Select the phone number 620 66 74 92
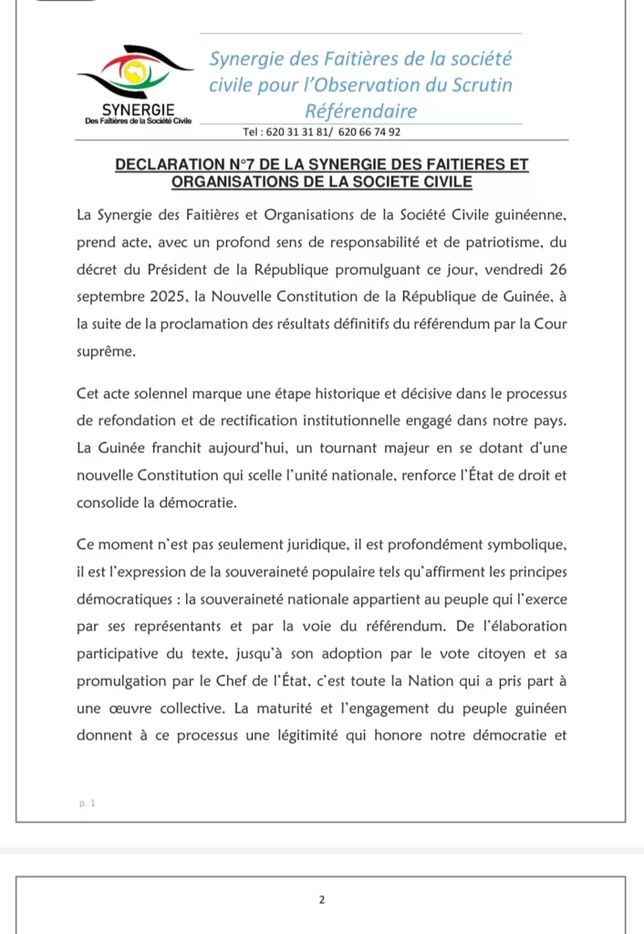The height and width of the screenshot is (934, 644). tap(369, 132)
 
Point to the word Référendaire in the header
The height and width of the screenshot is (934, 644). tap(361, 111)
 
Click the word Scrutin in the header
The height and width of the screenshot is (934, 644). tap(478, 85)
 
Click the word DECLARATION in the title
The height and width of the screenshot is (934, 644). tap(169, 165)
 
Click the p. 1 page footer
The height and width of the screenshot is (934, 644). tap(88, 803)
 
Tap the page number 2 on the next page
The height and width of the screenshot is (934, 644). tap(321, 900)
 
